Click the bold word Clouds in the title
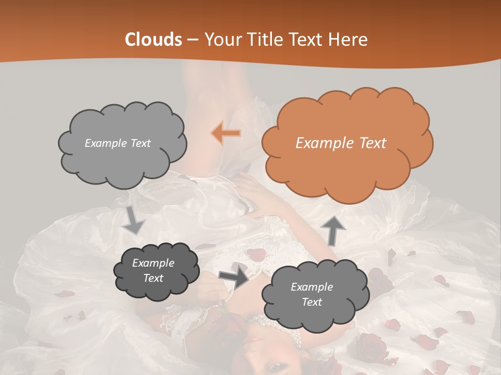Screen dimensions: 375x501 coord(153,40)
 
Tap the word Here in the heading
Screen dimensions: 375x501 coord(349,40)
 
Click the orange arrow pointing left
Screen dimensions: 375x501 coord(226,133)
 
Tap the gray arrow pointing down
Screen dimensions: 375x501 coord(133,220)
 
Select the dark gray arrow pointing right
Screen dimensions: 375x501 coord(234,277)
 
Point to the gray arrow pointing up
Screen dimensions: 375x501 coord(334,230)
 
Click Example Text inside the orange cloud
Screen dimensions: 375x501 coord(341,143)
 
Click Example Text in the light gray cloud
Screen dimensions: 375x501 coord(117,143)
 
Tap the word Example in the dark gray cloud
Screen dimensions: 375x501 coord(153,263)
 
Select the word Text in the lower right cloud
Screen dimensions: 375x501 coord(312,302)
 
